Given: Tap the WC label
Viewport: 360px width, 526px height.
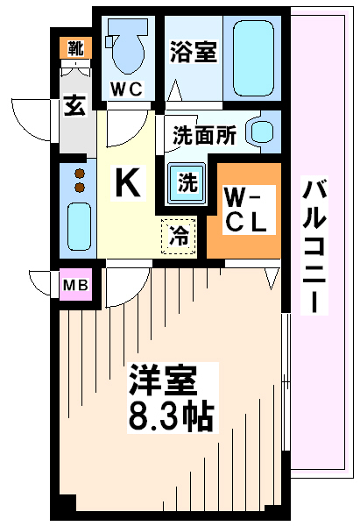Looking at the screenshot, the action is (x=127, y=89).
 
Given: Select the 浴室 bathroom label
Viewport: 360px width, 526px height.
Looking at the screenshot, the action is (x=194, y=52).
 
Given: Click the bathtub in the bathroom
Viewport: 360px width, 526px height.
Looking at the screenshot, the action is (x=253, y=58).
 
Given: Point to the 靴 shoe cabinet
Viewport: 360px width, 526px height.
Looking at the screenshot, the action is (x=75, y=47).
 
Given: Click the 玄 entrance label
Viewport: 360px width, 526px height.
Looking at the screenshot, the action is (x=75, y=106).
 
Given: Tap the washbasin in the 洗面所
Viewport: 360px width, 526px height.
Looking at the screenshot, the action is (x=262, y=131).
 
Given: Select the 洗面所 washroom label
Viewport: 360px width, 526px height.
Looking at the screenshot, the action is (x=204, y=135).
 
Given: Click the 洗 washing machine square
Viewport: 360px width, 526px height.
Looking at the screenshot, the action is (x=187, y=183).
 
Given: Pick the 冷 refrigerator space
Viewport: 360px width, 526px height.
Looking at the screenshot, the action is (x=179, y=236).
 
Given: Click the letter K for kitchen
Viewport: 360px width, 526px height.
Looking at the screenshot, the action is (x=127, y=183).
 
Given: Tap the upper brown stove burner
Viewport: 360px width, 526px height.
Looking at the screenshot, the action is (x=80, y=174).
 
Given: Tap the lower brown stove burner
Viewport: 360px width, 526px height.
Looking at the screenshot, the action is (x=80, y=188).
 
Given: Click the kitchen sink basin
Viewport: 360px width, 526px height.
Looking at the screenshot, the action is (x=79, y=227).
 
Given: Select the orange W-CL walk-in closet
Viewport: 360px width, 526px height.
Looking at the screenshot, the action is (x=244, y=210).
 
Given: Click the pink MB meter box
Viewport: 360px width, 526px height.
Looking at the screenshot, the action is (x=75, y=285).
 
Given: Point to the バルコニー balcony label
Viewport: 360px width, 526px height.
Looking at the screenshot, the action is (x=314, y=245).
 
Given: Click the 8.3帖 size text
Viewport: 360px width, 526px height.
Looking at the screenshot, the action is (x=171, y=417).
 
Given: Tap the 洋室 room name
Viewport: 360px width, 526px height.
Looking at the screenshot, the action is (x=163, y=380).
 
